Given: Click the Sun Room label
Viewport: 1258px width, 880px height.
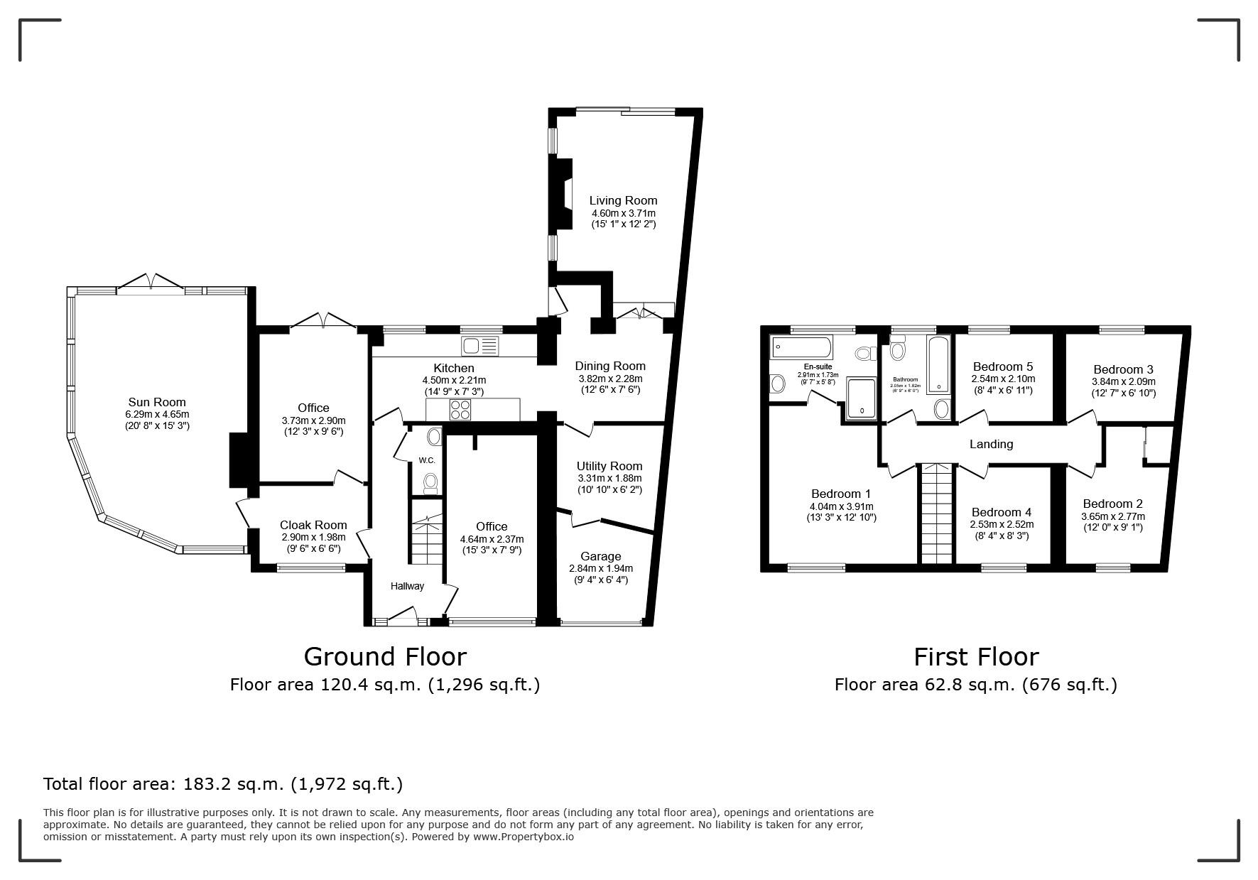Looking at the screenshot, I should click(x=157, y=402).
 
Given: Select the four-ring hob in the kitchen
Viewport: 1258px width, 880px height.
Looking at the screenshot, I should click(x=460, y=409).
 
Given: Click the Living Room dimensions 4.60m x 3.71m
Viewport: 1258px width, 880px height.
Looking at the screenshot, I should click(x=623, y=213).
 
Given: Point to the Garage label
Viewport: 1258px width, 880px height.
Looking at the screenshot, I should click(x=600, y=556).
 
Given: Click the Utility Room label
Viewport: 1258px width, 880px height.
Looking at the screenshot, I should click(x=609, y=466).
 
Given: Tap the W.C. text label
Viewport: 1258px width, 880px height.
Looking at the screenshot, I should click(x=426, y=460).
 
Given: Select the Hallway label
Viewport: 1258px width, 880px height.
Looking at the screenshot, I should click(x=407, y=586).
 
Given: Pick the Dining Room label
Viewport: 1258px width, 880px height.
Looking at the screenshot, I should click(x=609, y=366).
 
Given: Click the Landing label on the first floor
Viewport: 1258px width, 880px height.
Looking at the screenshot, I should click(x=991, y=444).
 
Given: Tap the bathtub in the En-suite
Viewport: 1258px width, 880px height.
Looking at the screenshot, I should click(x=801, y=347).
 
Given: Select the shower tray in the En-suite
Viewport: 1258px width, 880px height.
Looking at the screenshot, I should click(x=862, y=398).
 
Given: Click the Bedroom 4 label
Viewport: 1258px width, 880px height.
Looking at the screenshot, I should click(x=1001, y=512).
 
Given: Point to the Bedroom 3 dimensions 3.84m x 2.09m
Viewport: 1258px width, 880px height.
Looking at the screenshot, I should click(x=1123, y=381).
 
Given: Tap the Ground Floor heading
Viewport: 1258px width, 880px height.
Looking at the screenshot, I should click(x=385, y=656).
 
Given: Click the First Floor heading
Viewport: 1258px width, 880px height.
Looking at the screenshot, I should click(x=975, y=656).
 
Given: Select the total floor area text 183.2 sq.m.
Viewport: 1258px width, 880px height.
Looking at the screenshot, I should click(x=223, y=784).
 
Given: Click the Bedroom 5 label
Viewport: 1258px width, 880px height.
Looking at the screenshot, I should click(x=1002, y=366).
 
